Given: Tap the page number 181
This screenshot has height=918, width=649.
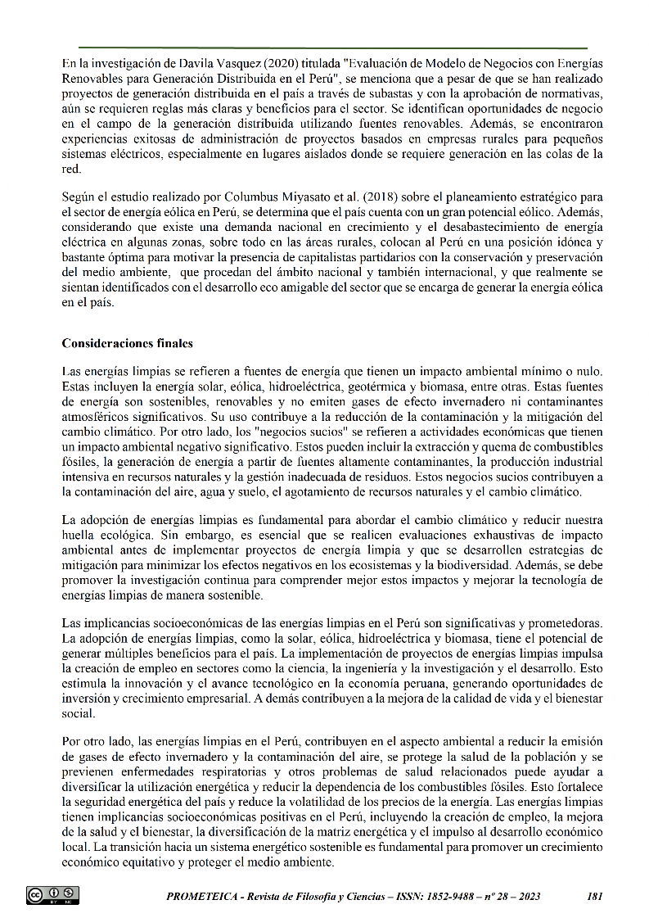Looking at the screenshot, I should click(x=596, y=897).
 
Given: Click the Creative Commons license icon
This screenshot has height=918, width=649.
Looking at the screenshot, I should click(x=53, y=896).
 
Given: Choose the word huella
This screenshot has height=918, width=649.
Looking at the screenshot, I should click(x=80, y=534).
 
